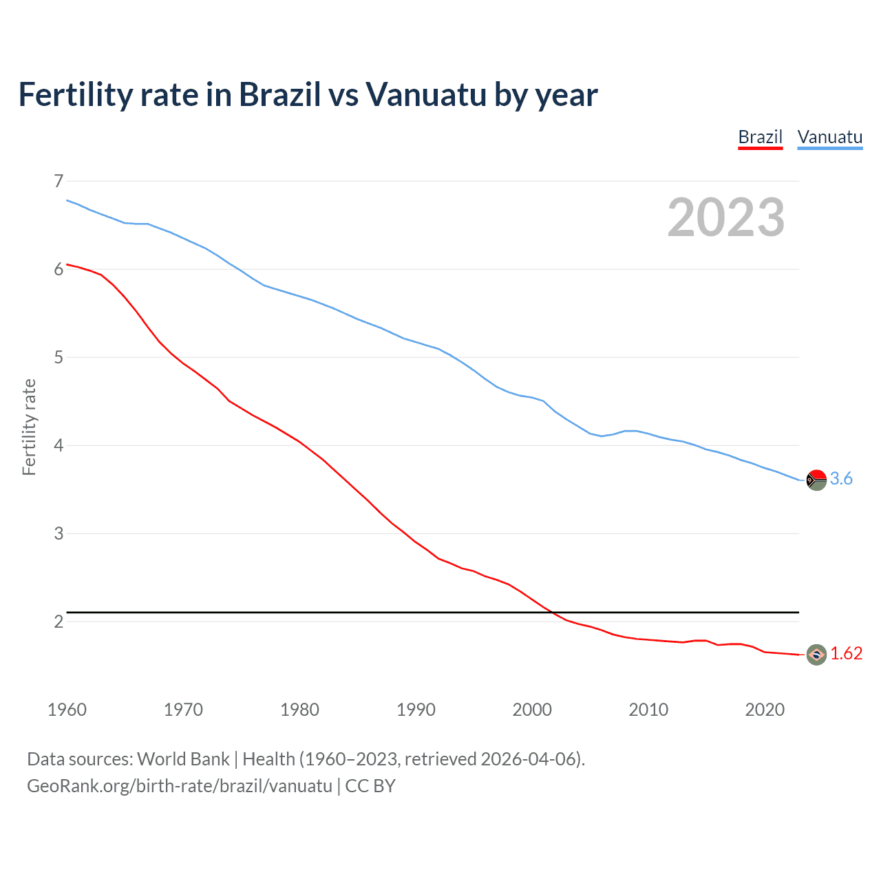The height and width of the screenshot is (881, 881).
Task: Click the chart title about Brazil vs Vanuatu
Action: coord(308,95)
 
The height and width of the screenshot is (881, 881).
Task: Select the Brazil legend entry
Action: coord(760,137)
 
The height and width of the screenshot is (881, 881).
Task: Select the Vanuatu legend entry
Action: coord(829,137)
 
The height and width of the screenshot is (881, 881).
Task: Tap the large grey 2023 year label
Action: coord(725,217)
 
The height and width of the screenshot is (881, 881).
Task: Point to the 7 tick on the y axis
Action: coord(59,181)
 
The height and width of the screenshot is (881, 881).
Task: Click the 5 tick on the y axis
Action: coord(59,357)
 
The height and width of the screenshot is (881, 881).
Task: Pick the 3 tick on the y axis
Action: coord(59,533)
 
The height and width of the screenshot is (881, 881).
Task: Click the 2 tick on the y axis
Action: coord(59,622)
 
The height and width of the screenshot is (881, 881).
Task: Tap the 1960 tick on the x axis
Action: coord(67,710)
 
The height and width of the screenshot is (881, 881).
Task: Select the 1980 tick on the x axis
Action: coord(299,710)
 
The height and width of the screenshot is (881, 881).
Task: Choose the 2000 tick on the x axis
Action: coord(532,710)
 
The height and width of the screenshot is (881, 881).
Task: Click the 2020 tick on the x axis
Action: coord(765,710)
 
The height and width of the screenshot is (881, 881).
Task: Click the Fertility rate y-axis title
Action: coord(29,427)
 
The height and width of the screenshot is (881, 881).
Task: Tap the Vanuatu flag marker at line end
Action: coord(816,480)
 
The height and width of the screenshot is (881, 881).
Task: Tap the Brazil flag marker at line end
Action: coord(816,655)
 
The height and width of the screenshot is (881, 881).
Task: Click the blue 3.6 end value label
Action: coord(841,479)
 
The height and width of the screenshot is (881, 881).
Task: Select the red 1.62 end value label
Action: coord(846,654)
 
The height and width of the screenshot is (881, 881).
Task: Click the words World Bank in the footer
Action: coord(183,759)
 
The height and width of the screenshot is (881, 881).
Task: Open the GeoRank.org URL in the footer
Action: coord(180,786)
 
